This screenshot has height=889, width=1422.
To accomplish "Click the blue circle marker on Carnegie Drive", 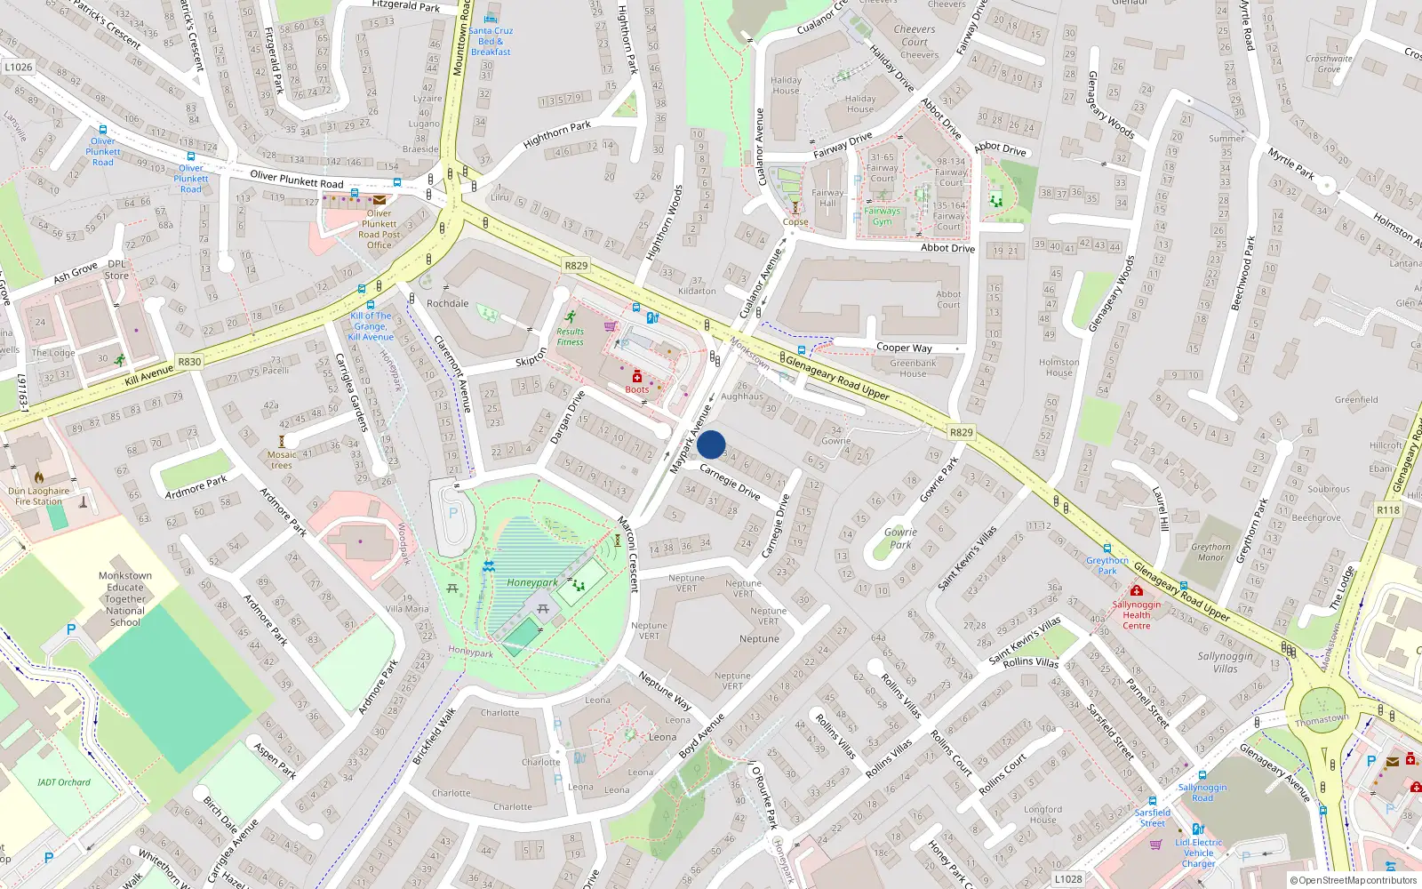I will pyautogui.click(x=711, y=444).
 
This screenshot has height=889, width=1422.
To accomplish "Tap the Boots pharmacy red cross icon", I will pyautogui.click(x=637, y=377).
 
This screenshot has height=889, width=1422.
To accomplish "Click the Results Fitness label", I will pyautogui.click(x=570, y=336).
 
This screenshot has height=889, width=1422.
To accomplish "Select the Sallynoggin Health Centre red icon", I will pyautogui.click(x=1136, y=591).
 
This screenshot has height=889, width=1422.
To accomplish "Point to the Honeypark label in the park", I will pyautogui.click(x=532, y=582).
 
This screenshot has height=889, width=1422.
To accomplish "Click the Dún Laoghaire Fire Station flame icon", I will pyautogui.click(x=39, y=477).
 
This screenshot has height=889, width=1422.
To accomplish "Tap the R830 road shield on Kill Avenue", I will pyautogui.click(x=189, y=361).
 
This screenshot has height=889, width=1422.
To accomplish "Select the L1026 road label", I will pyautogui.click(x=19, y=67).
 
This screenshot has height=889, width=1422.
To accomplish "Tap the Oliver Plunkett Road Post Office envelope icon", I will pyautogui.click(x=379, y=200).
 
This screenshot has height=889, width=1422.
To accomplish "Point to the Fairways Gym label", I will pyautogui.click(x=882, y=216).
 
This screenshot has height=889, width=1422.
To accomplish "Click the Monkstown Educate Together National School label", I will pyautogui.click(x=125, y=599).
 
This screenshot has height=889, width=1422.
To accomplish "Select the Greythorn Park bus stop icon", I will pyautogui.click(x=1107, y=549).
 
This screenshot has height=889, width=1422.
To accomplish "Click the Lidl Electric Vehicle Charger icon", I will pyautogui.click(x=1198, y=829).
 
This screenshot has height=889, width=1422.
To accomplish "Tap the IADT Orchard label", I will pyautogui.click(x=64, y=782).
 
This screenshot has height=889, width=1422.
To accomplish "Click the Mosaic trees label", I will pyautogui.click(x=282, y=460).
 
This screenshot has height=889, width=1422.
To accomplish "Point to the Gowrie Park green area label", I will pyautogui.click(x=900, y=538).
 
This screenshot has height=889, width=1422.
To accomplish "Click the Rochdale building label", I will pyautogui.click(x=447, y=303).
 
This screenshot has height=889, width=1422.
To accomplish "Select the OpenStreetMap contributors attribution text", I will pyautogui.click(x=1354, y=880).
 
